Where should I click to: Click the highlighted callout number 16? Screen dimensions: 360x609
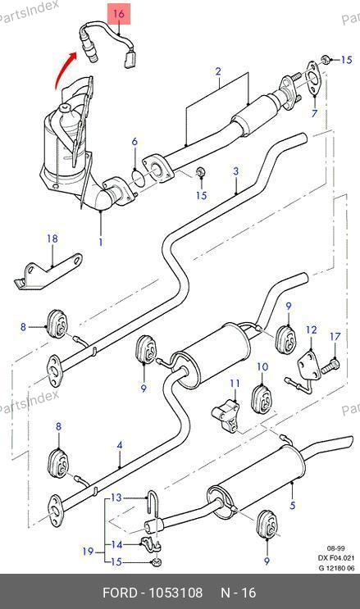click(x=119, y=14)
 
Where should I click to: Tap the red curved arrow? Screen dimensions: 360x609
click(x=63, y=69)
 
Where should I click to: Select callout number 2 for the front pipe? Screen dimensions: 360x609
click(x=218, y=71)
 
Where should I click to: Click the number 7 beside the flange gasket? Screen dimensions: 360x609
click(x=314, y=113)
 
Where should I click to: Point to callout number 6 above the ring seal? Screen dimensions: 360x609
click(x=134, y=141)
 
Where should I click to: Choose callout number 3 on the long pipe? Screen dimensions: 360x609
click(x=236, y=171)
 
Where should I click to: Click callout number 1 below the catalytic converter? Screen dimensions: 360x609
click(x=101, y=242)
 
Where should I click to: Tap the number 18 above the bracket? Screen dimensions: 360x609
click(x=52, y=238)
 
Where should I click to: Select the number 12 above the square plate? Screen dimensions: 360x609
click(x=312, y=329)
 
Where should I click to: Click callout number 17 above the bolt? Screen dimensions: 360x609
click(x=335, y=336)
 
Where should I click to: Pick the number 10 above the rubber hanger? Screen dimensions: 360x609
click(x=262, y=366)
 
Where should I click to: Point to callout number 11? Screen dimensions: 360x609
click(x=235, y=384)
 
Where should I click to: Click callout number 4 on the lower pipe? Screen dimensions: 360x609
click(x=120, y=445)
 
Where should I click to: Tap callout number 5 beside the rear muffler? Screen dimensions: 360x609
click(x=293, y=505)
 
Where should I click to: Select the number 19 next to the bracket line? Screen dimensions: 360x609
click(x=88, y=551)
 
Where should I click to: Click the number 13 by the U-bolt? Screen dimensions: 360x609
click(x=116, y=498)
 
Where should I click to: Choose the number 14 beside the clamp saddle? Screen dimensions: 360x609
click(x=116, y=545)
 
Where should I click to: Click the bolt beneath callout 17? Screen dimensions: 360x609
click(x=330, y=366)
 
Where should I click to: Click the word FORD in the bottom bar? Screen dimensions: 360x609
click(x=120, y=593)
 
